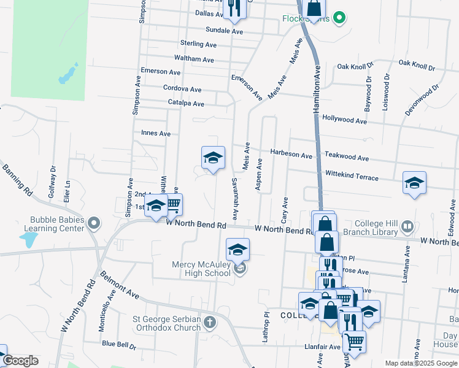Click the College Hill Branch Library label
(x=367, y=228)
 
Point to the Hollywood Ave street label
(x=344, y=121)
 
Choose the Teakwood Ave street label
(x=347, y=158)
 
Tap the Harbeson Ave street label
(x=291, y=155)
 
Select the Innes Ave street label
(x=156, y=133)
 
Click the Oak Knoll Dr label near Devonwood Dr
(x=417, y=63)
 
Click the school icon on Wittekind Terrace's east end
(x=414, y=182)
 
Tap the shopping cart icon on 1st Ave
(x=174, y=204)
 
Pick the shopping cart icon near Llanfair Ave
(x=353, y=340)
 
